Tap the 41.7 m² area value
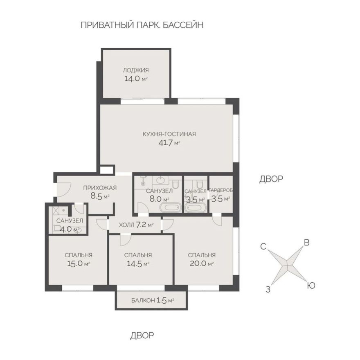(169, 143)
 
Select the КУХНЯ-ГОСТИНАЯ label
(169, 134)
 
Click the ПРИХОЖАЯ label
(100, 188)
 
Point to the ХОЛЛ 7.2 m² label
(136, 225)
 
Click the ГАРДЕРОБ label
(221, 191)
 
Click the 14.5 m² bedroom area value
(137, 264)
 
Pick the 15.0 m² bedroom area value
(78, 264)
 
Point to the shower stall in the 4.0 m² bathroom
(59, 211)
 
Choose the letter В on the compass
(306, 242)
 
